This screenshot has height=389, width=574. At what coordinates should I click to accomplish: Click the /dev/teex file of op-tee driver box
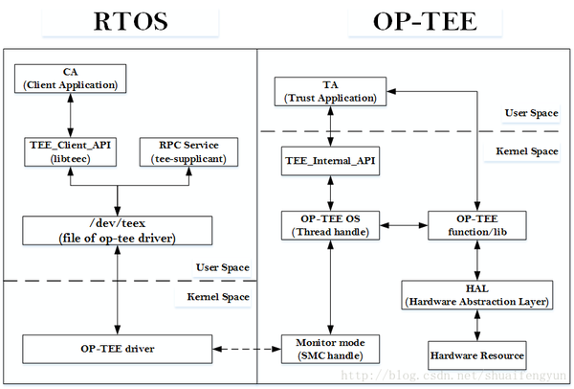pyautogui.click(x=116, y=229)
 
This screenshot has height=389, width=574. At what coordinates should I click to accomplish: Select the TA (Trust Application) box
pyautogui.click(x=329, y=92)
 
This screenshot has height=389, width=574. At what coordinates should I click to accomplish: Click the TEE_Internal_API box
pyautogui.click(x=329, y=161)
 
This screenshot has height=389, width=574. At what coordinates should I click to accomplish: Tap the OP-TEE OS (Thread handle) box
pyautogui.click(x=329, y=226)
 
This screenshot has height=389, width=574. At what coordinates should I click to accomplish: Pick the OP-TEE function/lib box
pyautogui.click(x=475, y=226)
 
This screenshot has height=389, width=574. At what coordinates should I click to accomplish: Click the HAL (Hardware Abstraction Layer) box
pyautogui.click(x=475, y=295)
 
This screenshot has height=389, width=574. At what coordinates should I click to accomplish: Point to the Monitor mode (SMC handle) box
pyautogui.click(x=329, y=349)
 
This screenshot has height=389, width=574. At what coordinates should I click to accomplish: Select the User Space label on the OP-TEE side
pyautogui.click(x=531, y=113)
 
